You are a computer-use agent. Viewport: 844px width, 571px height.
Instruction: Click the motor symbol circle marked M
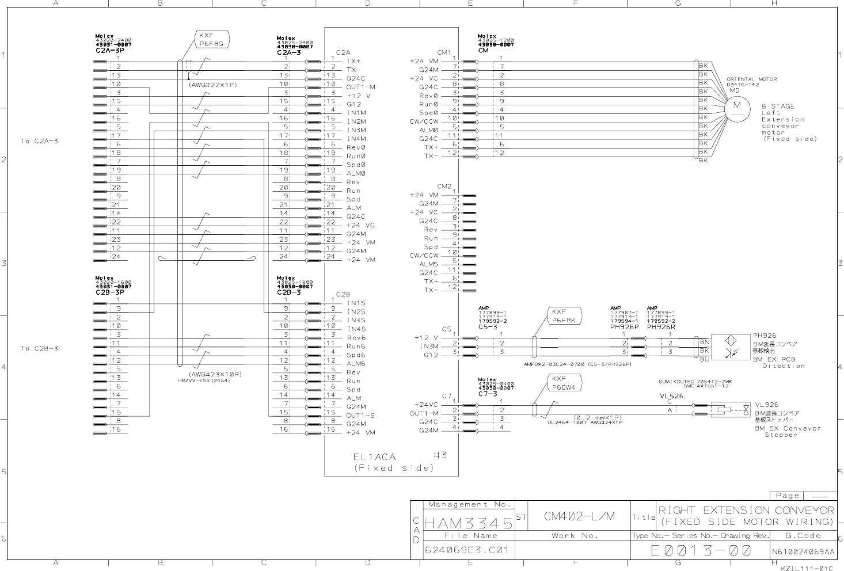736,105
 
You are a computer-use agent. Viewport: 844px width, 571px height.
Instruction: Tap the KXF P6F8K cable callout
565,316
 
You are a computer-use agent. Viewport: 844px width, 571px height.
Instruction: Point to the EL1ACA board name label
374,457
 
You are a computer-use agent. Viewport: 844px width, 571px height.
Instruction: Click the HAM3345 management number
469,523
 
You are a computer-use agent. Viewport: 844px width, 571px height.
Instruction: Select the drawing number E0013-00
701,551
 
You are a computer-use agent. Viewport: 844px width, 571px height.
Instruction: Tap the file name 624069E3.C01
467,550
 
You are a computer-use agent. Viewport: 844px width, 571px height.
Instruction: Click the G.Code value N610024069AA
803,551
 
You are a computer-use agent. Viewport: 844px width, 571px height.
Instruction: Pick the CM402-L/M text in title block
579,516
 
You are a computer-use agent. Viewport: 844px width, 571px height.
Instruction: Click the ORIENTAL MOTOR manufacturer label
751,79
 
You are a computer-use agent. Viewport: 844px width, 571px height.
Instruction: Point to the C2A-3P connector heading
110,51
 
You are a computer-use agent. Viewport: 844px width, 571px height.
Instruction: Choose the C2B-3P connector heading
110,292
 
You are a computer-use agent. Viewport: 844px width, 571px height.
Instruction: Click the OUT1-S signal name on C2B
361,416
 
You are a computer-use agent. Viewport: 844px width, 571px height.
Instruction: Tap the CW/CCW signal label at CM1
424,121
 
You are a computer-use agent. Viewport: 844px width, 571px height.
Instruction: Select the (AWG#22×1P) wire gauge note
213,85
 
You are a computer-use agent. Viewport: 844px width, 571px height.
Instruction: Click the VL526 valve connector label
671,396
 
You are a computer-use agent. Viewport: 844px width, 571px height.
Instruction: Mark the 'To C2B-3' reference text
39,348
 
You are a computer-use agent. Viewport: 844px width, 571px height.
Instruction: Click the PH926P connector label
625,326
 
